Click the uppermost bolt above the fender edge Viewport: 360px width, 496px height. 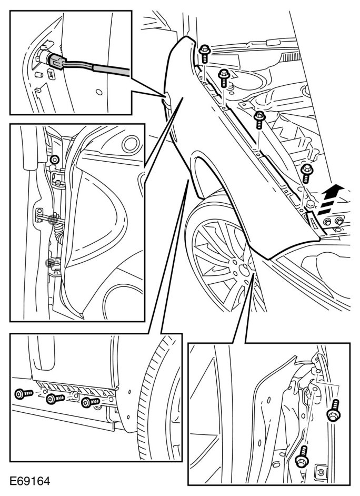[204, 52]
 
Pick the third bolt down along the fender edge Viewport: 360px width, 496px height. [259, 119]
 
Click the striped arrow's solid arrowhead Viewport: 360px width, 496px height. [337, 189]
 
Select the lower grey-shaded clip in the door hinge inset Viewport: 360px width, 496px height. [51, 261]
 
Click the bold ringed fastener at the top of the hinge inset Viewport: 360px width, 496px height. [54, 159]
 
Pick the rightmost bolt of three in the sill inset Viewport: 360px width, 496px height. [89, 403]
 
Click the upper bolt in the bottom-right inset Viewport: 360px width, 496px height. [334, 412]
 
